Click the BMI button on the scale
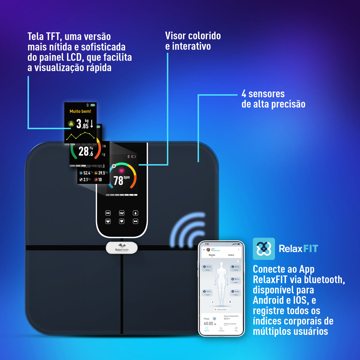coord(108,213)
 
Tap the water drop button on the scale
coord(135,213)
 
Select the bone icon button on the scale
coord(135,221)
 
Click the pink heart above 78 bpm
coord(121,171)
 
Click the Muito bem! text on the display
coord(80,111)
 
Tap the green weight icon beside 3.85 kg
coord(71,123)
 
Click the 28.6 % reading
coord(85,151)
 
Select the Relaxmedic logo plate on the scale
coord(122,248)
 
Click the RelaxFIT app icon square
coord(264,249)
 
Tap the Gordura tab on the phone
coord(231,255)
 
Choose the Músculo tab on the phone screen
coord(212,255)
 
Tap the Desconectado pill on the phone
coord(222,309)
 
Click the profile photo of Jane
coord(208,250)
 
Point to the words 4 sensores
coord(263,94)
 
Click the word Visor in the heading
coord(176,36)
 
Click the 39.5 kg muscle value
coord(101,173)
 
